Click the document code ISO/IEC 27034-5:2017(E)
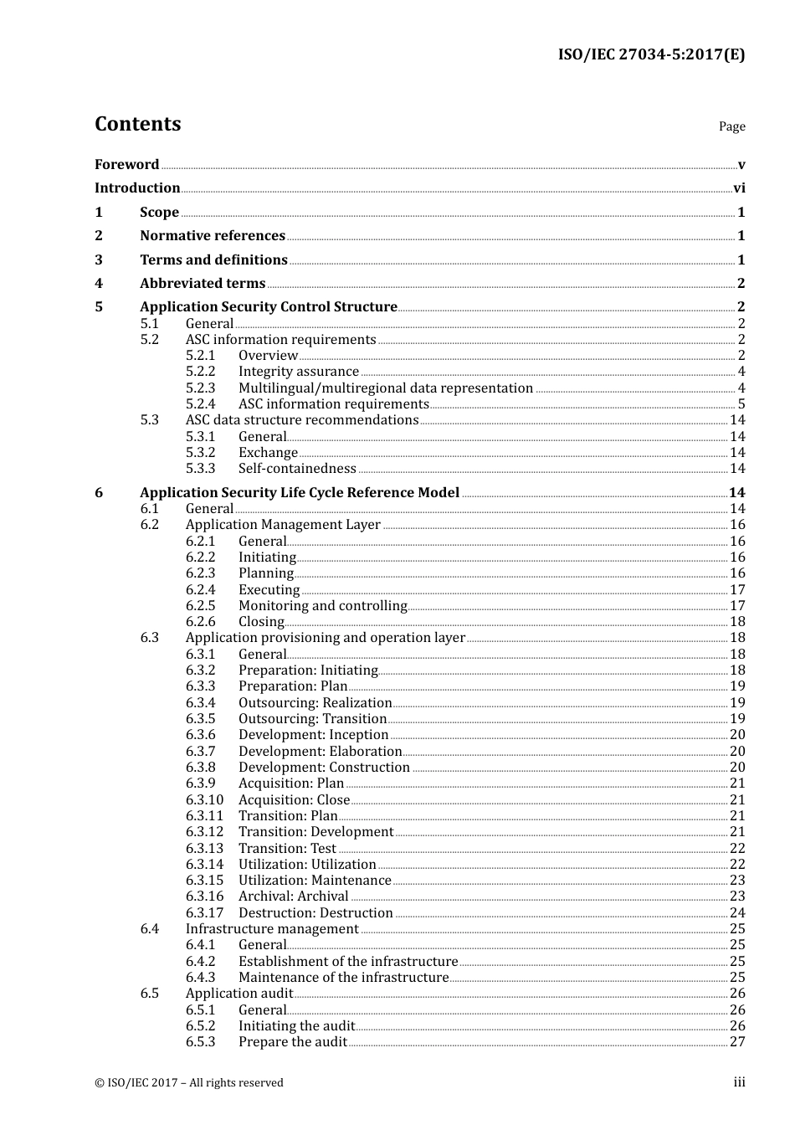click(x=651, y=55)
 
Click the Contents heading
click(x=137, y=124)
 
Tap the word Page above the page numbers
click(x=731, y=126)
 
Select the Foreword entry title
click(x=126, y=165)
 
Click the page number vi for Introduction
click(x=739, y=188)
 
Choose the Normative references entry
click(x=213, y=236)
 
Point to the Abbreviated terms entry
click(x=203, y=284)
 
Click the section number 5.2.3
click(x=200, y=388)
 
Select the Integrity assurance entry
click(x=299, y=372)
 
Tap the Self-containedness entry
click(x=297, y=469)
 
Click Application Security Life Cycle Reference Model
click(x=300, y=493)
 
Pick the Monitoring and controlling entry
click(x=322, y=606)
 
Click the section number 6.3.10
click(x=204, y=800)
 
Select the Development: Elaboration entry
click(x=320, y=752)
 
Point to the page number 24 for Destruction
click(x=737, y=913)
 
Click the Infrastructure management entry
click(x=272, y=929)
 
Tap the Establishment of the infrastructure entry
click(x=348, y=962)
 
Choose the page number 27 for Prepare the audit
click(x=737, y=1042)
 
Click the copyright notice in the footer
click(x=189, y=1083)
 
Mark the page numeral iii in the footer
click(x=739, y=1082)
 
